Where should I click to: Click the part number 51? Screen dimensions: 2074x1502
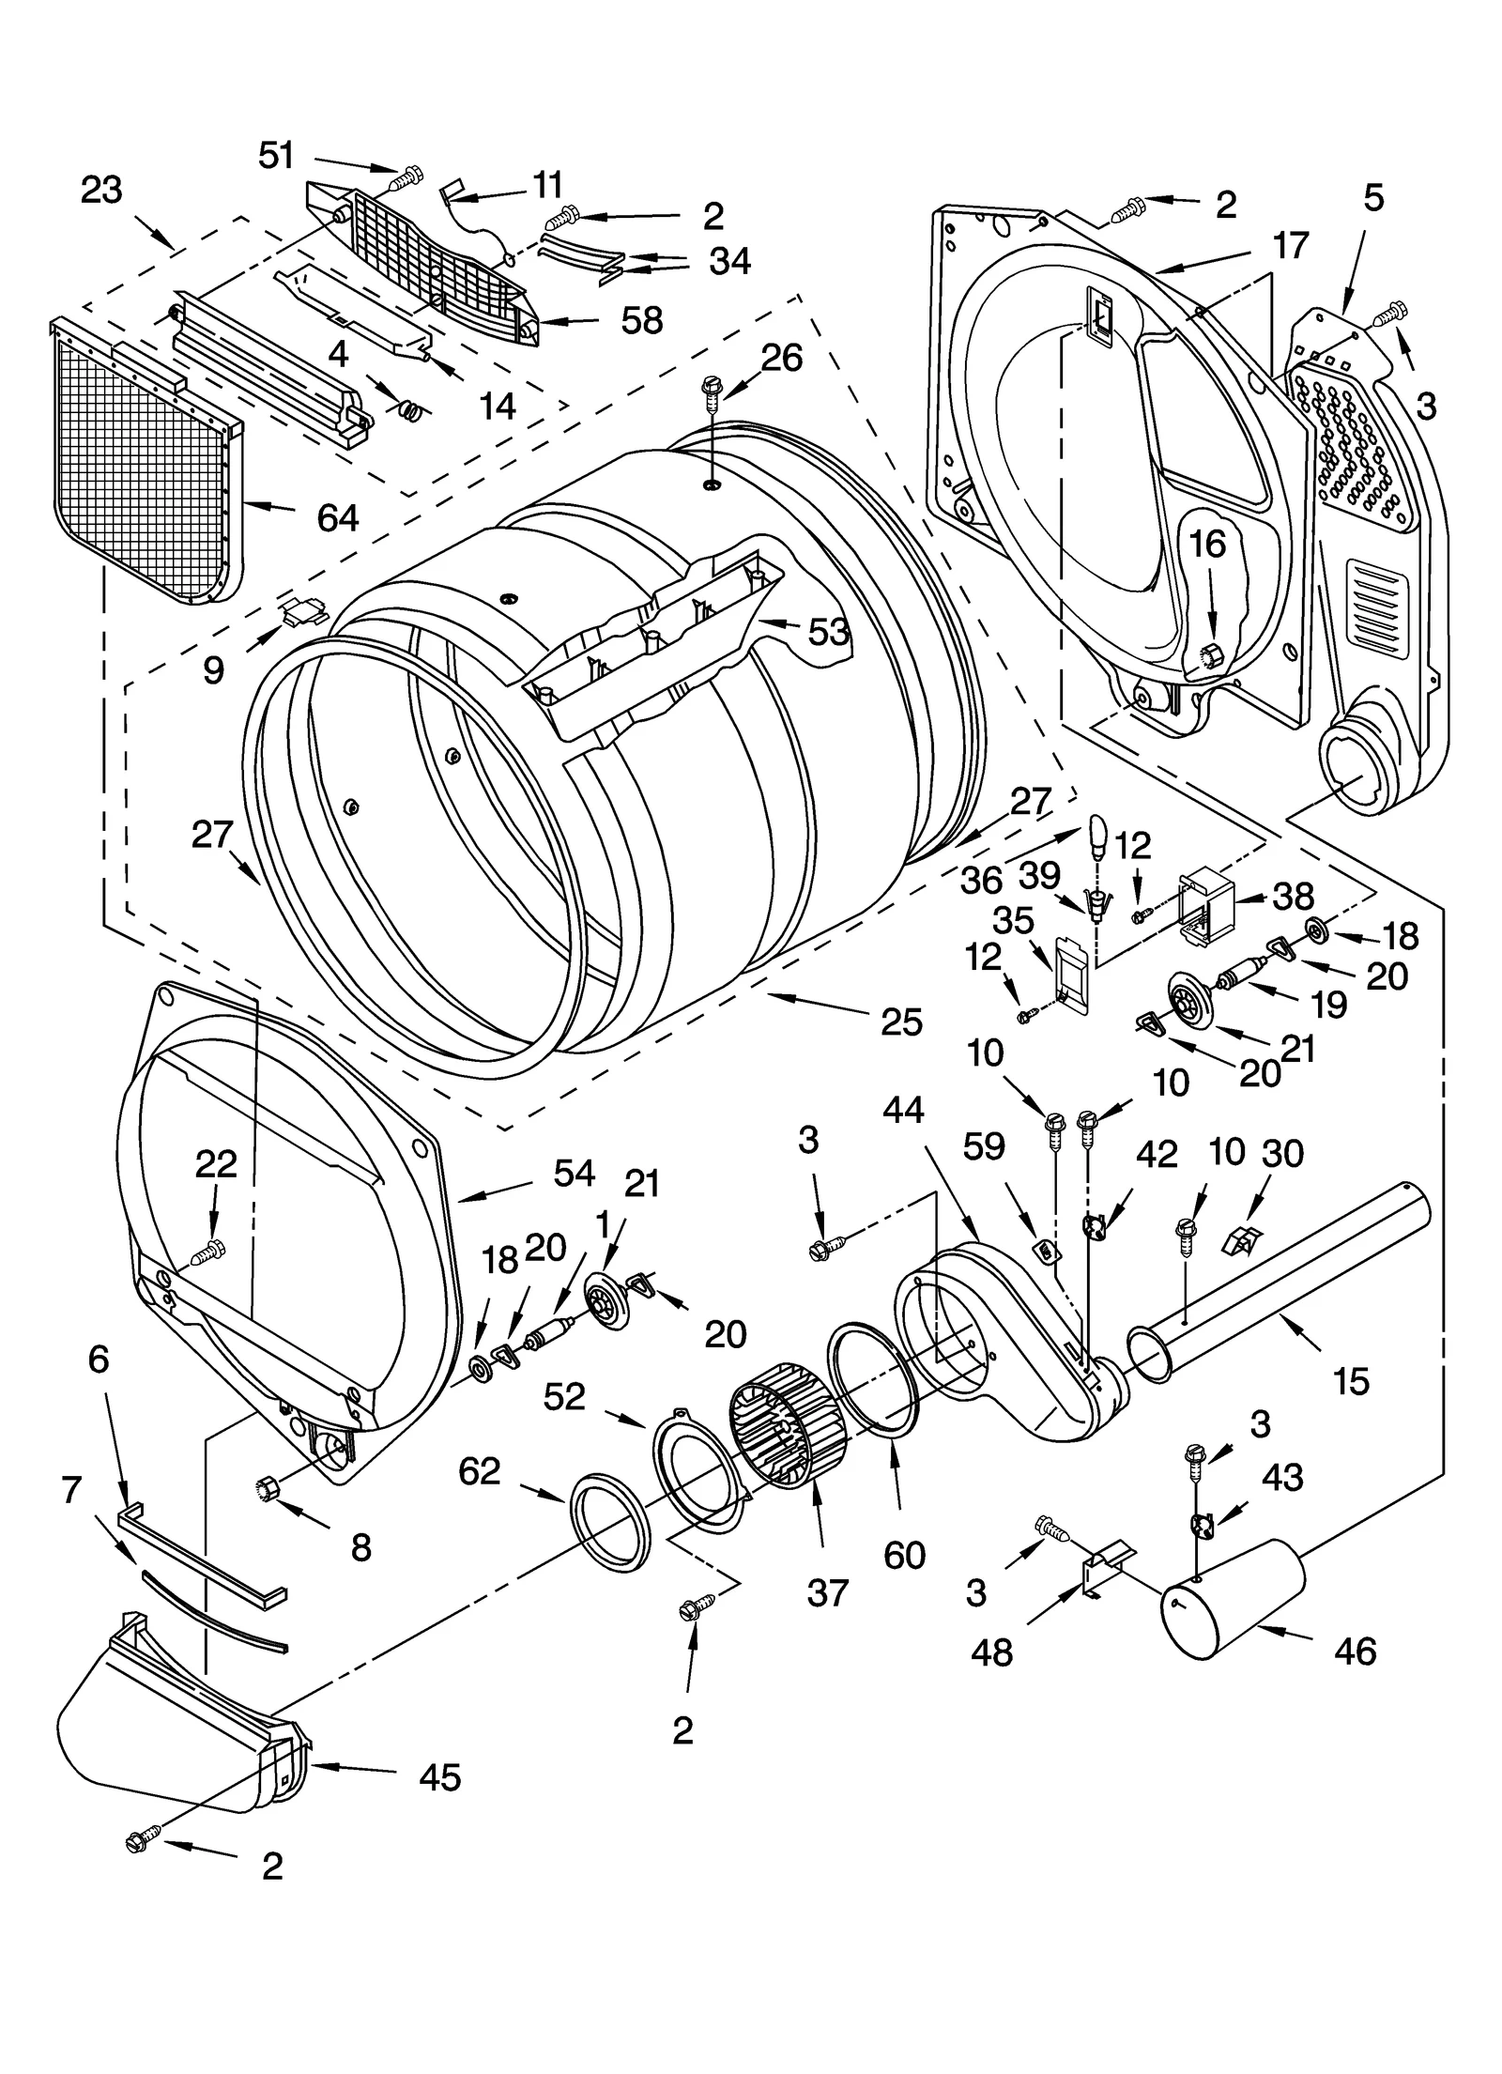click(276, 155)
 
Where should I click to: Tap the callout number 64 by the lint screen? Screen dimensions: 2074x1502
click(337, 516)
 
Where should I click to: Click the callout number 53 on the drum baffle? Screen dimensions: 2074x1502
click(829, 632)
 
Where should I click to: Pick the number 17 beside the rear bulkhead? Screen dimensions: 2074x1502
click(1291, 245)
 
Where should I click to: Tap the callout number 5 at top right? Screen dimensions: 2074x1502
click(1373, 198)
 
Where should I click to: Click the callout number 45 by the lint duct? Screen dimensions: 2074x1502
click(440, 1776)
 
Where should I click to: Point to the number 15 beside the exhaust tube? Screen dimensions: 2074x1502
click(1351, 1381)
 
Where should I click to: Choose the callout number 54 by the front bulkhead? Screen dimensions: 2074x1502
click(574, 1173)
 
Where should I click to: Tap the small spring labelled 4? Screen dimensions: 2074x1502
click(410, 410)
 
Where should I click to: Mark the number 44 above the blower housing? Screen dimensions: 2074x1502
click(903, 1111)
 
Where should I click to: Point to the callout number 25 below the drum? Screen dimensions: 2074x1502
click(901, 1022)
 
